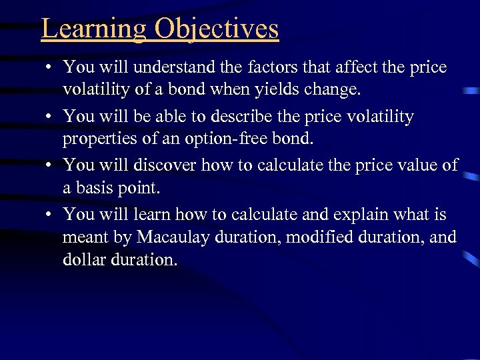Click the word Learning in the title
pyautogui.click(x=93, y=29)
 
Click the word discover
pyautogui.click(x=167, y=165)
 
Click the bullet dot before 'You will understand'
pyautogui.click(x=49, y=68)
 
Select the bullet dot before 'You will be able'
pyautogui.click(x=49, y=117)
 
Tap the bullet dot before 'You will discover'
pyautogui.click(x=49, y=166)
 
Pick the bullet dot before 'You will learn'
pyautogui.click(x=49, y=215)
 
